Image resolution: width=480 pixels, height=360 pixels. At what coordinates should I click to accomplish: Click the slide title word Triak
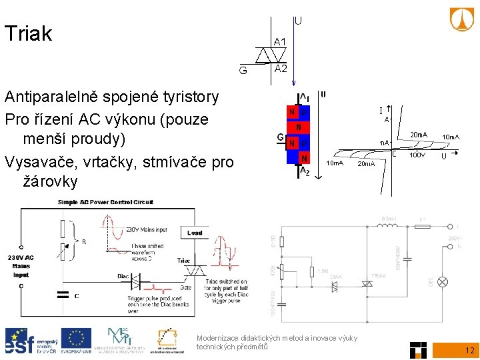coord(28,34)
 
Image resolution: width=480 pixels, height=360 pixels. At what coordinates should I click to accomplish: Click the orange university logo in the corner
coord(462,20)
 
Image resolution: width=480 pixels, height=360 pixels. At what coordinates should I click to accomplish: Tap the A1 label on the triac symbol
coord(280,42)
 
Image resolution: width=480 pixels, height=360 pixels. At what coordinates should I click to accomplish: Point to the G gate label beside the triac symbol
coord(245,69)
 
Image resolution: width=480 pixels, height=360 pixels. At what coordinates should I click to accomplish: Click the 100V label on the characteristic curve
coord(417,155)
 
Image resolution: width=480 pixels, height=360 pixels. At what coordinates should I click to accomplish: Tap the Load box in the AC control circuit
coord(195,233)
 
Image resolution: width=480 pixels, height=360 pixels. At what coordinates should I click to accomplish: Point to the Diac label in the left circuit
coord(123,275)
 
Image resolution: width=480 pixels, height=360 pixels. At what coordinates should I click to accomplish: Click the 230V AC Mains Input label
coord(21,265)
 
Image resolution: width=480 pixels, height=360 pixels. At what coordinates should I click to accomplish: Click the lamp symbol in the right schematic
coord(441,282)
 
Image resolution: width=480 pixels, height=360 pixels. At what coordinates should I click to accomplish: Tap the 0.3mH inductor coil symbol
coord(389,227)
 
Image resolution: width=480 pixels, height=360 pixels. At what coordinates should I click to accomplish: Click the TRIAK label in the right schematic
coord(379,275)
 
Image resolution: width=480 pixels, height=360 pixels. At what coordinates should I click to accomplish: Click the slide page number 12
coord(469,350)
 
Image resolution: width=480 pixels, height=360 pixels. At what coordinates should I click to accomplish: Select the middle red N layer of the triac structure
coord(298,127)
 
